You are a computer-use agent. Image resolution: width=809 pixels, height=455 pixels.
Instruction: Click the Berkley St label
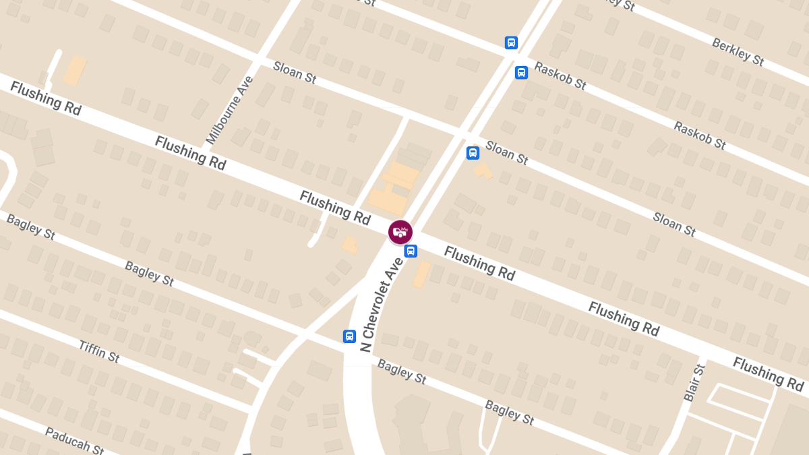pyautogui.click(x=738, y=52)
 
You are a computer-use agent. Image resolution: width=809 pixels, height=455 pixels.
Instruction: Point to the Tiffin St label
pyautogui.click(x=99, y=351)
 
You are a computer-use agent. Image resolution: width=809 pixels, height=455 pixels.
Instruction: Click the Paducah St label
pyautogui.click(x=74, y=442)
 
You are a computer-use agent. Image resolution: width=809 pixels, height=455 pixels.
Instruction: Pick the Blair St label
pyautogui.click(x=694, y=382)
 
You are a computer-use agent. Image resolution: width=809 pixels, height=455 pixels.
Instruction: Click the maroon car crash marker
pyautogui.click(x=400, y=232)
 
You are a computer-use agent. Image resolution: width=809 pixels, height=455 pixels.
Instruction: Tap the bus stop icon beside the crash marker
pyautogui.click(x=411, y=251)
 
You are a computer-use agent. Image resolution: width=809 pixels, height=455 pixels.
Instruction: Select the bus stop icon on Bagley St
pyautogui.click(x=349, y=336)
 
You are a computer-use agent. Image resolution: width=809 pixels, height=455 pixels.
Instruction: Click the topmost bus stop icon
pyautogui.click(x=511, y=42)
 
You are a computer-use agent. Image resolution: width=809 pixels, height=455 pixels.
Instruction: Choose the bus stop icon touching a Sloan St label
pyautogui.click(x=473, y=153)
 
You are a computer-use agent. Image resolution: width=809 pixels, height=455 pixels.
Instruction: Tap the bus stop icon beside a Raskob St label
pyautogui.click(x=521, y=72)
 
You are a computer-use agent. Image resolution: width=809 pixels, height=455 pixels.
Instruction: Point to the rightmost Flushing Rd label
pyautogui.click(x=768, y=375)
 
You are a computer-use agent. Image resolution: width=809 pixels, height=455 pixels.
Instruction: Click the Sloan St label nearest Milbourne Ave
pyautogui.click(x=295, y=73)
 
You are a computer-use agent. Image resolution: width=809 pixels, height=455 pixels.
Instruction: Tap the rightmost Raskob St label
pyautogui.click(x=699, y=135)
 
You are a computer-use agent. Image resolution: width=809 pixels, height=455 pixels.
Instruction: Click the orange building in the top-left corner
pyautogui.click(x=75, y=70)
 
